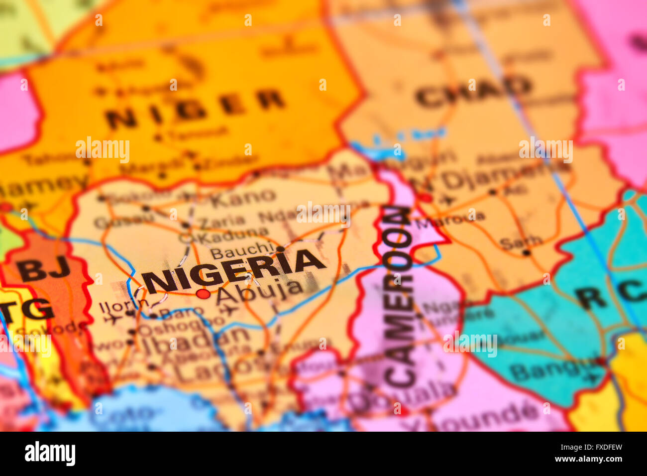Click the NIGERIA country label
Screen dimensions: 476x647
[x=234, y=271]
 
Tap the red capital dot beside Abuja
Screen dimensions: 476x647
[x=203, y=294]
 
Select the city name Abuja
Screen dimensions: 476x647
[x=259, y=291]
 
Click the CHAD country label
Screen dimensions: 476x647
[x=473, y=92]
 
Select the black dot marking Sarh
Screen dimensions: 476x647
[x=526, y=253]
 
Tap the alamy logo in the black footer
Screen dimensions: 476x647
[x=50, y=454]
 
